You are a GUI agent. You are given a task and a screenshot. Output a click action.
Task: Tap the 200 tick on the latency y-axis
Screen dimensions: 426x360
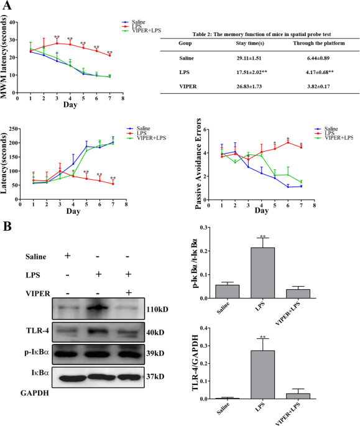(x=24, y=142)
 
